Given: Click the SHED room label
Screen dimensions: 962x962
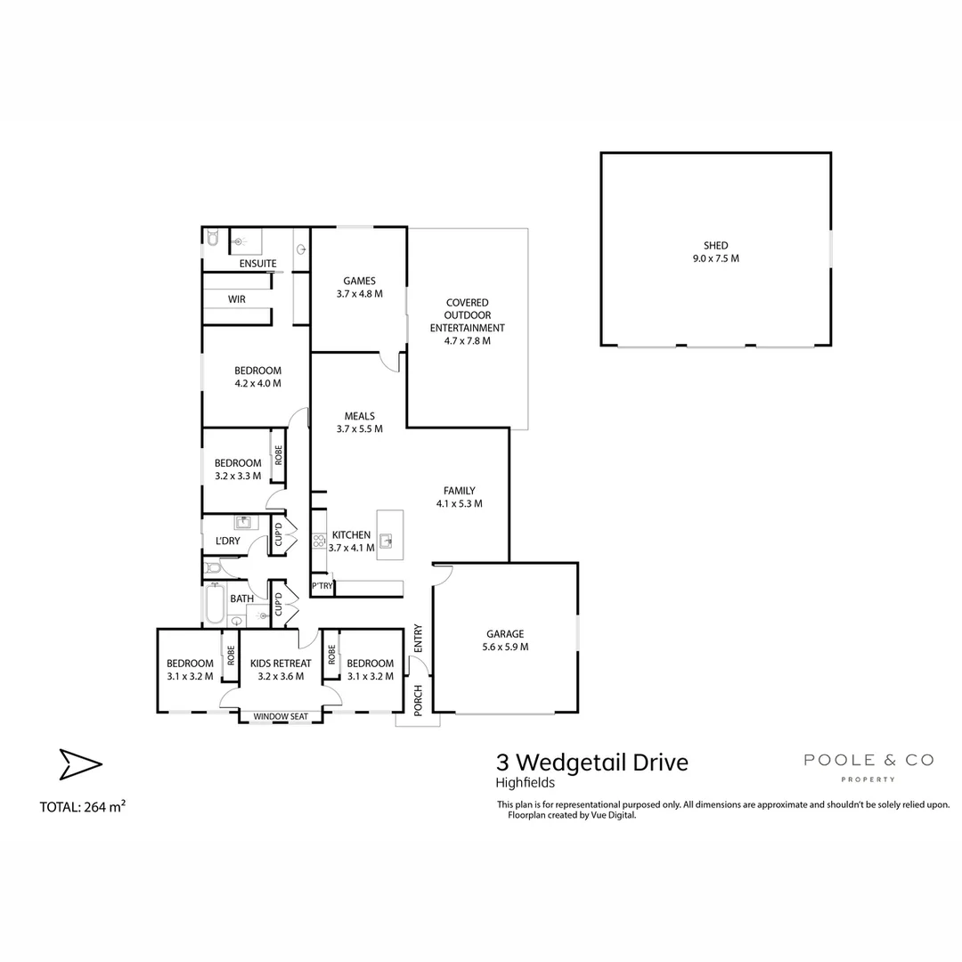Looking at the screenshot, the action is (x=715, y=246).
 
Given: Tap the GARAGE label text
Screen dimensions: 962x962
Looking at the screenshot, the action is (x=505, y=634).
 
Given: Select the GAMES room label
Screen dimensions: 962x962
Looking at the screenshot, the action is (x=360, y=281).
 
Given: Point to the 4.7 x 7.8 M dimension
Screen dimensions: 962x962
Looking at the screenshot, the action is (x=468, y=341).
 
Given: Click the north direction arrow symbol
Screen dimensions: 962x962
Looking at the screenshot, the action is (x=80, y=764).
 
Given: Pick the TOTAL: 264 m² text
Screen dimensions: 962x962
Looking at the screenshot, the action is (x=82, y=807).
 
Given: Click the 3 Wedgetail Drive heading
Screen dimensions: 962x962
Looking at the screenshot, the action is (x=592, y=762).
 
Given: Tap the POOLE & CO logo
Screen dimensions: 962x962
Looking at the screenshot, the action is (x=868, y=766).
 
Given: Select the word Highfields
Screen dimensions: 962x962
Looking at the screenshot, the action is (x=526, y=783).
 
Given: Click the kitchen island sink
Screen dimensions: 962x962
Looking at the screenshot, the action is (x=386, y=542).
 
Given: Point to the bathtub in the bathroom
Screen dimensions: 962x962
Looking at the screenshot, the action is (x=215, y=603).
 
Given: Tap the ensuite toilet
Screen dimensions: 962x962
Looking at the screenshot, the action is (x=212, y=238).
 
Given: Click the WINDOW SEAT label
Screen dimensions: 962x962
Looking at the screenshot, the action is (x=281, y=716).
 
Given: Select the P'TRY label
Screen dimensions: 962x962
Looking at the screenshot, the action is (x=322, y=586).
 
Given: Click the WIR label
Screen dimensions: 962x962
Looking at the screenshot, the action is (x=237, y=299).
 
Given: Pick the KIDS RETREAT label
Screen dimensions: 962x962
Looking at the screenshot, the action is (x=281, y=664).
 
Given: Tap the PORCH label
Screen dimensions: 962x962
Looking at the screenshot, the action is (x=418, y=700).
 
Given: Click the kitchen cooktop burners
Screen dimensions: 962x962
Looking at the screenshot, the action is (x=319, y=541).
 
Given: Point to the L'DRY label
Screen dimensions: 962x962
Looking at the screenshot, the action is (x=228, y=542).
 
